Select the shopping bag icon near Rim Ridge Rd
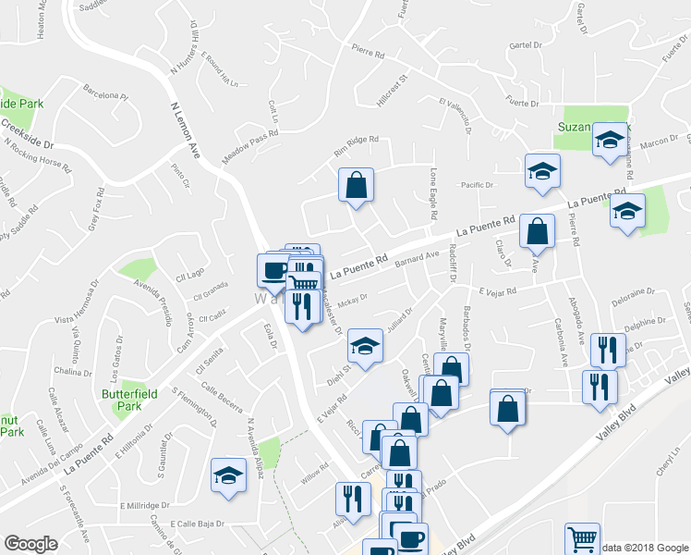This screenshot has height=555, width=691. (x=355, y=185)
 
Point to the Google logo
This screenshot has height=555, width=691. (x=30, y=544)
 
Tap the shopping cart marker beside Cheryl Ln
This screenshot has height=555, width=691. (x=582, y=539)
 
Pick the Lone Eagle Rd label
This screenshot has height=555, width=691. (x=433, y=192)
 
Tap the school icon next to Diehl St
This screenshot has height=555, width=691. (x=365, y=347)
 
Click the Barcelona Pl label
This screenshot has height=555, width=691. (x=104, y=94)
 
